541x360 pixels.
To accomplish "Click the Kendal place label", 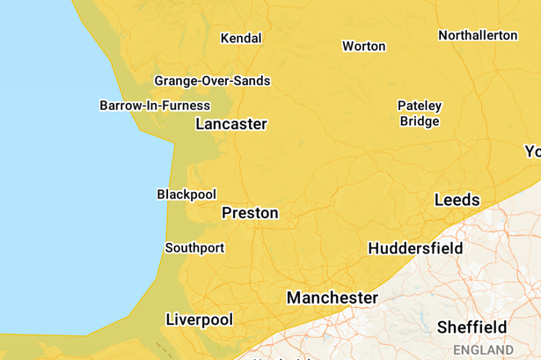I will pos(240,39).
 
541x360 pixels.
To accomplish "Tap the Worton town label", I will pos(363,46).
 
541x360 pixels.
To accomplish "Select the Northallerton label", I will pos(478,35).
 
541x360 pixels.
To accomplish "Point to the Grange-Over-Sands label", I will pos(212,81).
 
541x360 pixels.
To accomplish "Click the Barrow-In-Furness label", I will pos(155,106).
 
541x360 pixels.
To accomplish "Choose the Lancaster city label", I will pos(230,124).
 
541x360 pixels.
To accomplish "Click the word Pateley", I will pos(420,106).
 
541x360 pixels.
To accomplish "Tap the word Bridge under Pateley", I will pos(420,121).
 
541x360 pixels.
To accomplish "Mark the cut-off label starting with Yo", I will pos(532,151).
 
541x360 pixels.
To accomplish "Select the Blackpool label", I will pos(186,195).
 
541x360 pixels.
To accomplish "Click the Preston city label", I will pos(250,213).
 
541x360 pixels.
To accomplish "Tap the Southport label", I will pos(194,248).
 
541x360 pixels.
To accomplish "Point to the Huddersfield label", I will pos(415,249).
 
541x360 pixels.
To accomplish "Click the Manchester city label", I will pos(333,298).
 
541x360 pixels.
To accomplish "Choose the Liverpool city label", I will pos(200,320).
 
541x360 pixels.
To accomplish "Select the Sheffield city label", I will pos(472,327).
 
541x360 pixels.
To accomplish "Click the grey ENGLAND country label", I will pos(483,350).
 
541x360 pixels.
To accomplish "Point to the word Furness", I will pos(187,106).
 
